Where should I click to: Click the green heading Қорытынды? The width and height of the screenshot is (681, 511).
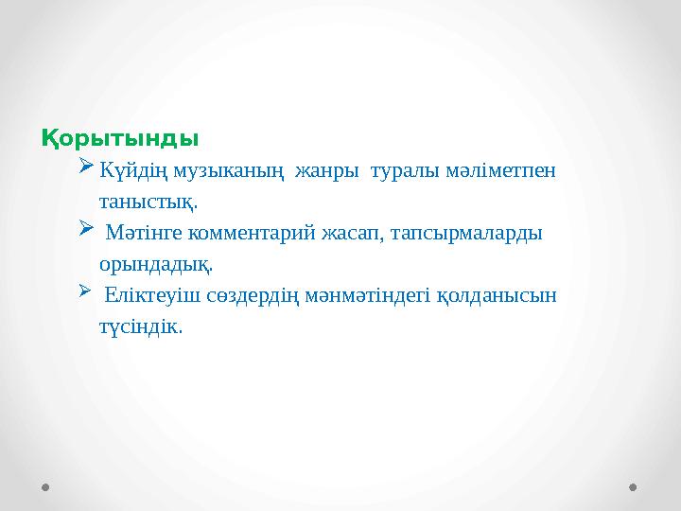coord(119,138)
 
